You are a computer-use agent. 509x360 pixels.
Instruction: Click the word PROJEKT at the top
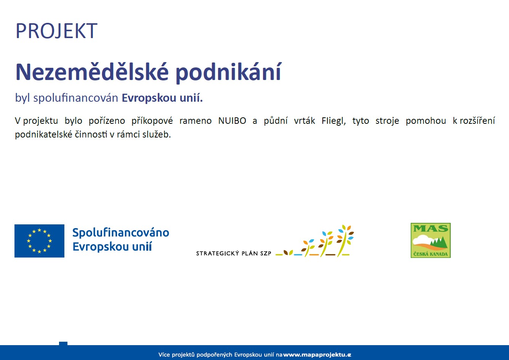[x=56, y=31]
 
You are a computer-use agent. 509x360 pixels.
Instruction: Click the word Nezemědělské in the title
[x=92, y=72]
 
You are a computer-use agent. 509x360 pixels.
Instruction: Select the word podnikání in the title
[x=229, y=73]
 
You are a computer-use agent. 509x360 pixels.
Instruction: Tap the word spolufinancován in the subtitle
[x=76, y=98]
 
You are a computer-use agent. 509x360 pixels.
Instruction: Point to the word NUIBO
[x=232, y=121]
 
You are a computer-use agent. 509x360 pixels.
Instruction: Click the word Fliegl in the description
[x=333, y=121]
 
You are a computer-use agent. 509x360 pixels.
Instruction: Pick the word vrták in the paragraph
[x=304, y=120]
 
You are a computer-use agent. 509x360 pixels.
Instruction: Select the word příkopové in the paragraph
[x=152, y=121]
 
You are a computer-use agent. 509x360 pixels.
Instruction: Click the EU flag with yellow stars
[x=39, y=241]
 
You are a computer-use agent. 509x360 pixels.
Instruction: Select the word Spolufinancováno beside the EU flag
[x=121, y=233]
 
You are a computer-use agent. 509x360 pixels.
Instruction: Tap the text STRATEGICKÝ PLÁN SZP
[x=234, y=253]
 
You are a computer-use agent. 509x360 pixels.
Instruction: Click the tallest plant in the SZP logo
[x=344, y=240]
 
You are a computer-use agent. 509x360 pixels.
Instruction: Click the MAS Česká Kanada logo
[x=431, y=240]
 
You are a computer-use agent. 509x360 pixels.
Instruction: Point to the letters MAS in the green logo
[x=431, y=229]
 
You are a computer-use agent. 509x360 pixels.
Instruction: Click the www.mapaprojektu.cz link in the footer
[x=317, y=355]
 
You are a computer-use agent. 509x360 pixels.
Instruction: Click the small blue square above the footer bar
[x=63, y=343]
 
